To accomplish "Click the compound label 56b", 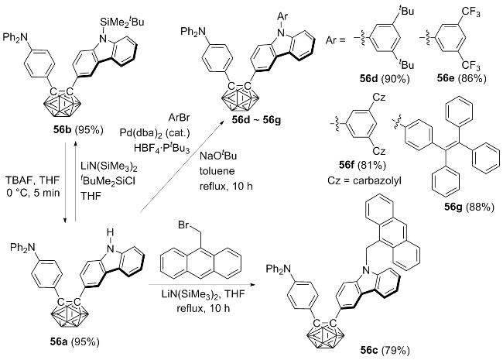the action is [62, 130].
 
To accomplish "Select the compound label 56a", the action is [58, 342].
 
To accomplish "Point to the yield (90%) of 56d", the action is [395, 79].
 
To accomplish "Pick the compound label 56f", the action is [347, 165].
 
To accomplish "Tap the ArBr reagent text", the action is [180, 118].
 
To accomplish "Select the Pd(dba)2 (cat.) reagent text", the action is [155, 133].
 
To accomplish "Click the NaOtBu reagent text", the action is [217, 156].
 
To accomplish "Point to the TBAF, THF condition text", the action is [33, 180].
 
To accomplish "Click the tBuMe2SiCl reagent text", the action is [108, 181].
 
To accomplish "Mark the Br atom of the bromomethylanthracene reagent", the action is [183, 225].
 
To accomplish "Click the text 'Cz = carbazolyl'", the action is [364, 180].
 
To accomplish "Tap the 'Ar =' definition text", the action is [336, 41].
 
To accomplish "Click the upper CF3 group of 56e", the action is [471, 13].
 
